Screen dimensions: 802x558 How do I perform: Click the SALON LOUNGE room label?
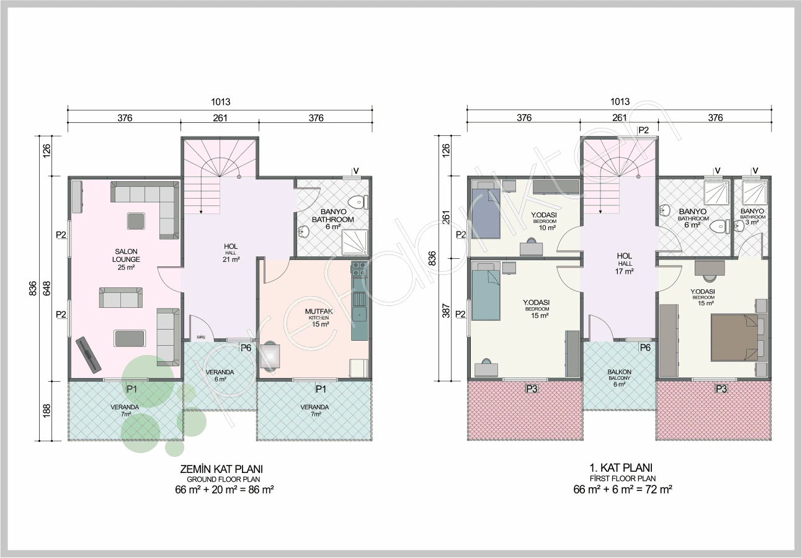coord(126,259)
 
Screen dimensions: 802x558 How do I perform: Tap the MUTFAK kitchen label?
coord(319,318)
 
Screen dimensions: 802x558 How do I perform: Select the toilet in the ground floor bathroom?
coord(358,202)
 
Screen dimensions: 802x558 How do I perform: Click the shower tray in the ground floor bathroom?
coord(354,242)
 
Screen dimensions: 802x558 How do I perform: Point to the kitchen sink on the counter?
coord(359,313)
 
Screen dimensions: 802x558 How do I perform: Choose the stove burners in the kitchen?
coord(359,269)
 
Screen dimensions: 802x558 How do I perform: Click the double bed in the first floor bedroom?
coord(739,337)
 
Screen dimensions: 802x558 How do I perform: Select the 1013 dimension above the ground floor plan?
coord(221,102)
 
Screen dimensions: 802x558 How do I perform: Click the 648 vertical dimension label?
coord(47,289)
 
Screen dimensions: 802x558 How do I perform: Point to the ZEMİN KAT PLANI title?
coord(221,469)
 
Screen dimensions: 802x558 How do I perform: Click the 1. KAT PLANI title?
coord(621,467)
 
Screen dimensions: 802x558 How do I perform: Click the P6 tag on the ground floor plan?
coord(246,348)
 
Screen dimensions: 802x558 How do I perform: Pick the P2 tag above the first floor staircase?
coord(643,130)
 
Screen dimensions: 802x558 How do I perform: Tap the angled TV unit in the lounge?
coord(89,355)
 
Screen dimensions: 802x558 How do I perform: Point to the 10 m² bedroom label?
coord(545,221)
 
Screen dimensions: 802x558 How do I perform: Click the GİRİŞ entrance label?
coord(201,337)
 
